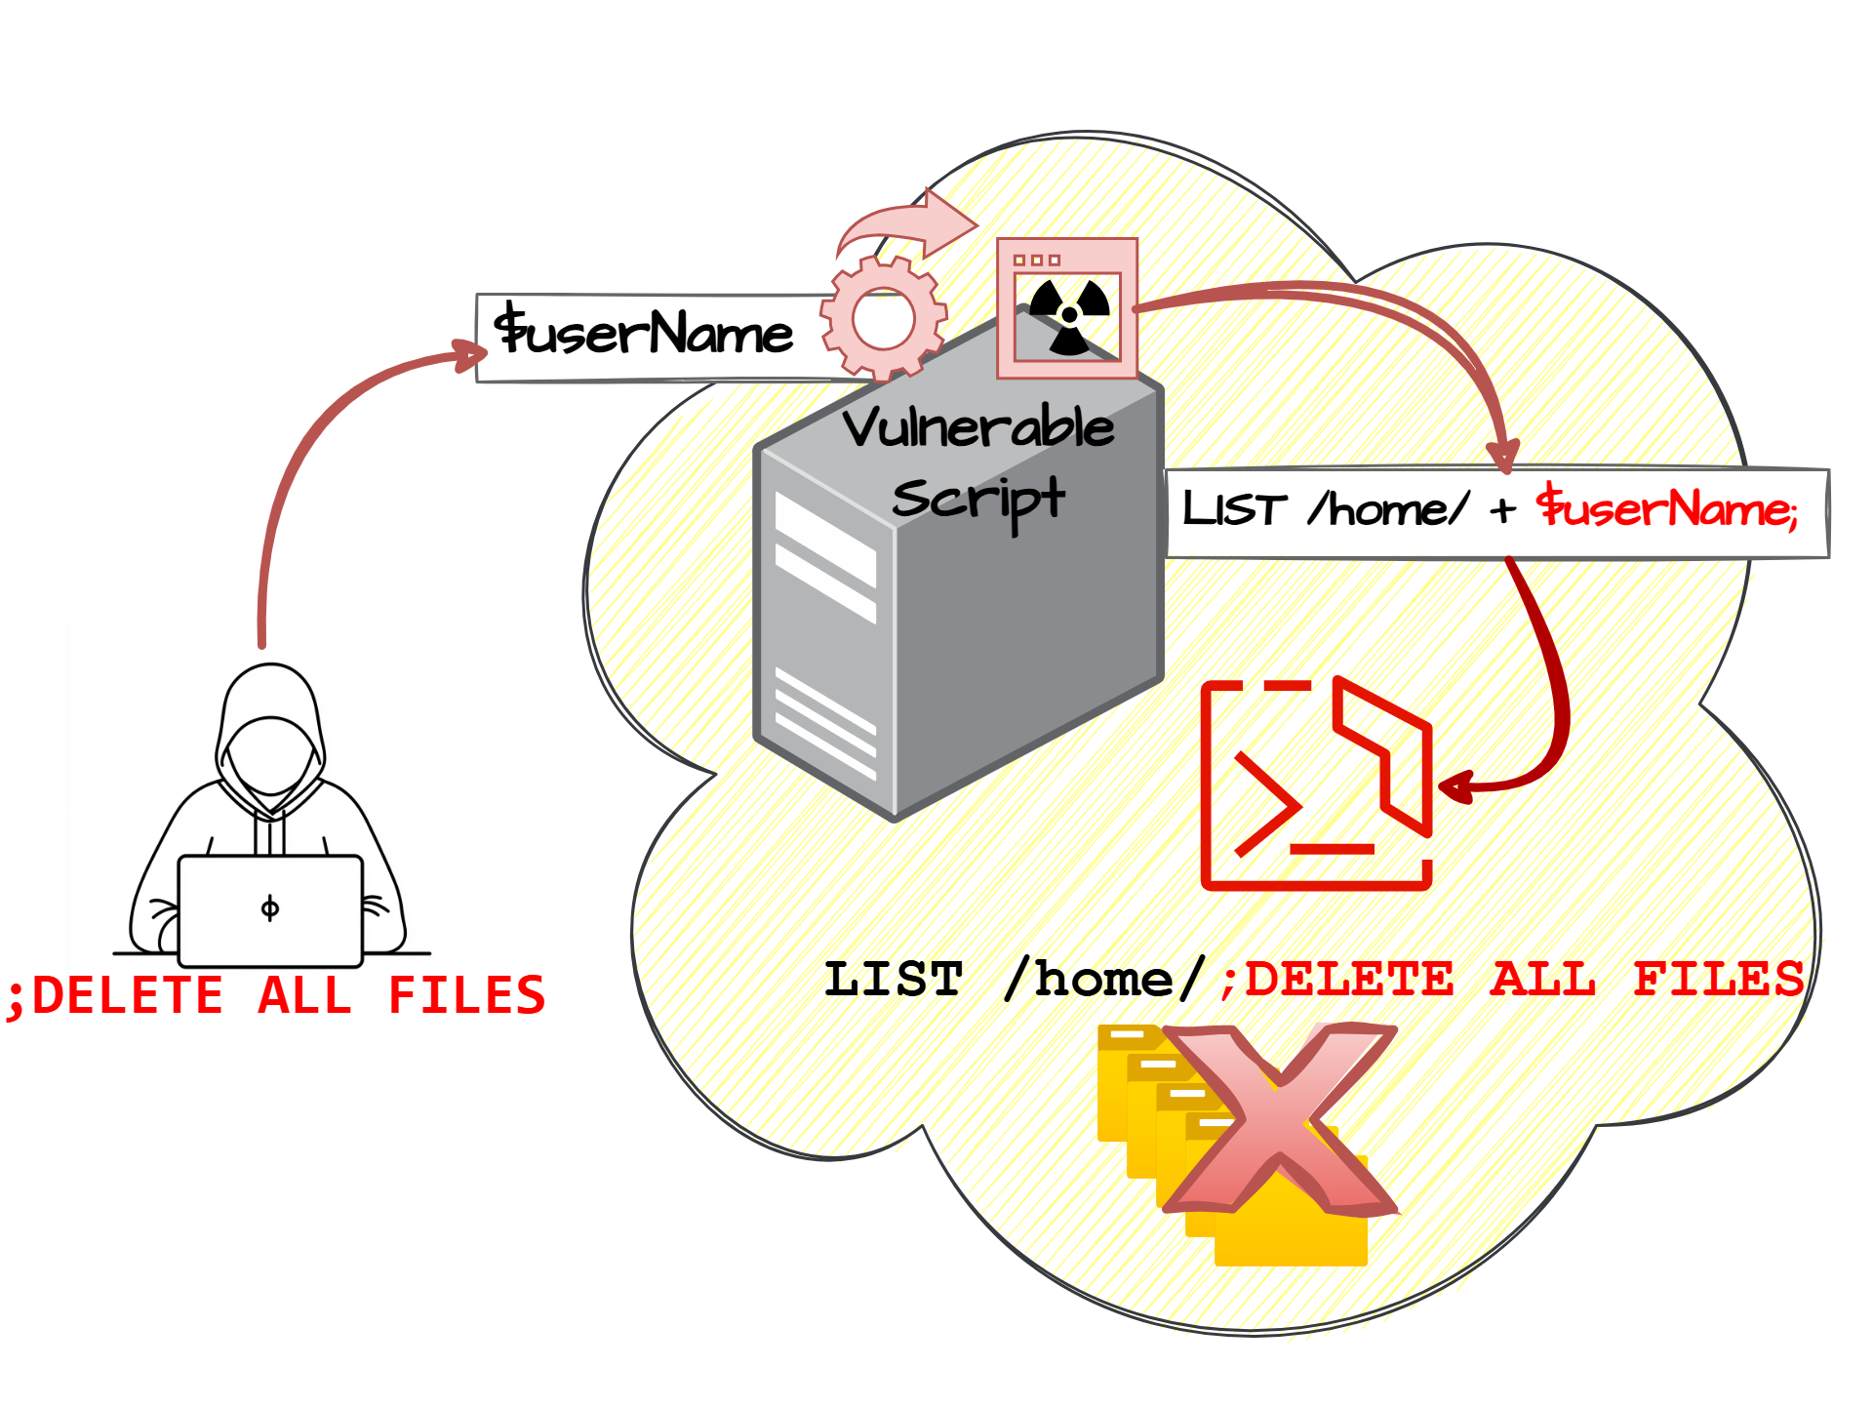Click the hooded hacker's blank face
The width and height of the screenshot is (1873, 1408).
pos(270,756)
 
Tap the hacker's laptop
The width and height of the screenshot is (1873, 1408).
pos(270,909)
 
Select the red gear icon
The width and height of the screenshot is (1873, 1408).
pos(883,317)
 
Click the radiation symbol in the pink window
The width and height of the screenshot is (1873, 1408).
pos(1069,314)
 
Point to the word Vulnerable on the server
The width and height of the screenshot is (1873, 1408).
pos(977,428)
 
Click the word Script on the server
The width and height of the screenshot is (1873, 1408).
pos(977,500)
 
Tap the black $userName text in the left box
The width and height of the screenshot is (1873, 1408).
pos(644,333)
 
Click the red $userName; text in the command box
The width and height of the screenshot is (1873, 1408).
pos(1666,508)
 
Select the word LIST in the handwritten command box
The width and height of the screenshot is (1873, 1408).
pos(1234,509)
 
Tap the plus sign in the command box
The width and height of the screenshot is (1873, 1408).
pos(1502,509)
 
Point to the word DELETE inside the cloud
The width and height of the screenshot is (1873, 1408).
pos(1348,980)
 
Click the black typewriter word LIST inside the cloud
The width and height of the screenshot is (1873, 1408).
pos(894,980)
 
